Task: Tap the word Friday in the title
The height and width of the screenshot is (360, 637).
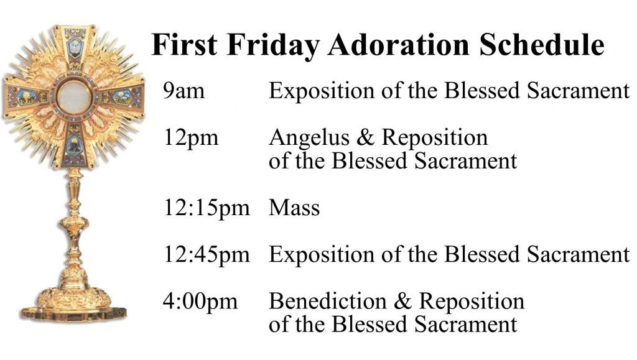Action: [x=273, y=45]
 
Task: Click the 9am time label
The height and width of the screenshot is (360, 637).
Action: [x=184, y=91]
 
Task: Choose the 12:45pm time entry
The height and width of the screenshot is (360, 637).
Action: [x=207, y=256]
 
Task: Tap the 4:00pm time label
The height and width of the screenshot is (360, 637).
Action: [x=200, y=302]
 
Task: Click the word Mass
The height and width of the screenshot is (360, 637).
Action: [x=294, y=208]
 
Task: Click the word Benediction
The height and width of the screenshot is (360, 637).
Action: [x=328, y=302]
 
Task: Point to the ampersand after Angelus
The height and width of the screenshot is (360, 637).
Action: [x=365, y=137]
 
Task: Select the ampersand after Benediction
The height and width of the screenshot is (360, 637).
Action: [x=402, y=302]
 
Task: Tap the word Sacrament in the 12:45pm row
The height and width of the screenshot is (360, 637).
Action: [x=578, y=254]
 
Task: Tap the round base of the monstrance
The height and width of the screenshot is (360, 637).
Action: [x=73, y=305]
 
